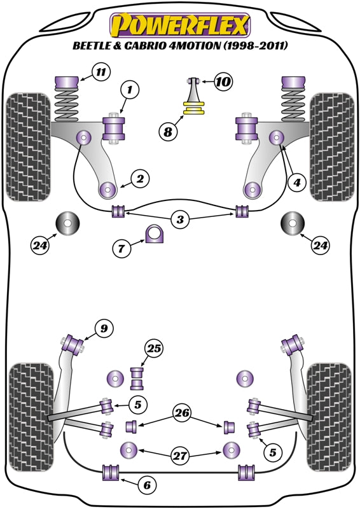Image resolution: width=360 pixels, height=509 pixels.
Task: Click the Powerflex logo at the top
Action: pos(180,25)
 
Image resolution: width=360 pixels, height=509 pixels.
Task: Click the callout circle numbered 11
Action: pos(101,72)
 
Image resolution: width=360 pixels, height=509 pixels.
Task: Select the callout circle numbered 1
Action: pos(130,89)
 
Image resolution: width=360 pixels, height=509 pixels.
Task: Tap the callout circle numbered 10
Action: pos(223,81)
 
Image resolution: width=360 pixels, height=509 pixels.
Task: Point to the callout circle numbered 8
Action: pos(168,132)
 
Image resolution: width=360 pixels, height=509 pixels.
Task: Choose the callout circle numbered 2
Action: pos(140,179)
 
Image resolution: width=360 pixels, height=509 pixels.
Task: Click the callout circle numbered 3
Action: pos(180,220)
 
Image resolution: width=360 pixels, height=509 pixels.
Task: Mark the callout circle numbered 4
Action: pos(297,183)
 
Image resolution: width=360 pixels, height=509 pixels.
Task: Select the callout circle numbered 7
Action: pos(121,249)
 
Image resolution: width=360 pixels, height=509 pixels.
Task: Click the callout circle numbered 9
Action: pos(104,329)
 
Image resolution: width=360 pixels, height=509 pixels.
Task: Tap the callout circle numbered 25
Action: pos(154,349)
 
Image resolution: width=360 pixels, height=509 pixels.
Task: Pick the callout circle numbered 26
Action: pos(182,413)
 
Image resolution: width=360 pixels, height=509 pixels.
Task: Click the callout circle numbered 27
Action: pos(180,456)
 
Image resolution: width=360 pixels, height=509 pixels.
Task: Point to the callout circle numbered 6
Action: pos(147,485)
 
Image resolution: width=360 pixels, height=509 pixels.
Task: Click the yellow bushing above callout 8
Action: pos(194,108)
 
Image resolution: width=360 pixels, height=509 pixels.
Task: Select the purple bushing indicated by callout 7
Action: pos(155,234)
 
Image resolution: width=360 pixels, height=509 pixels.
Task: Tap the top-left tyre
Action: pos(29,147)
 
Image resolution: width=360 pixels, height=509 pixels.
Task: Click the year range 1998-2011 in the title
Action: pos(255,46)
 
